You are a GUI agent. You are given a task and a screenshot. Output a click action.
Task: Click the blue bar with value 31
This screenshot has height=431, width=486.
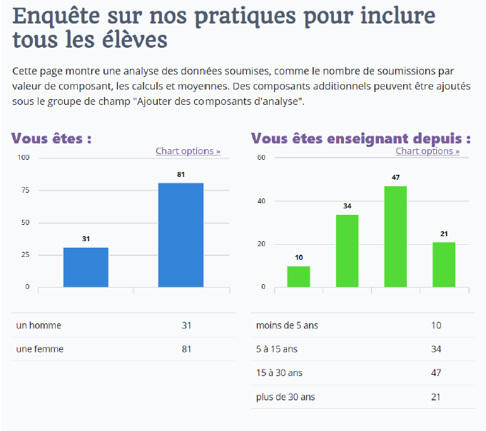pos(86,267)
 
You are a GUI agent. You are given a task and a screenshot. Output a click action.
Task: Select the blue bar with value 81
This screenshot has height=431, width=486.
pos(181,235)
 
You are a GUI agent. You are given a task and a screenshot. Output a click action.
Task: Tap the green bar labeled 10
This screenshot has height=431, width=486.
pos(298,276)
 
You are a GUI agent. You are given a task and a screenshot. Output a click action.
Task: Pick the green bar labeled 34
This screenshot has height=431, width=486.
pos(347,250)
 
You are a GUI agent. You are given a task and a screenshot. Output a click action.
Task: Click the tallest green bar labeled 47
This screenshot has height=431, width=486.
pos(395,236)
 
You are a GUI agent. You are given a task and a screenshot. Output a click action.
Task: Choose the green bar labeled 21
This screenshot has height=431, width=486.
pos(444,264)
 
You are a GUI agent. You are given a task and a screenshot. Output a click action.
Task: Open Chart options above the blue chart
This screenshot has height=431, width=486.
pos(188,151)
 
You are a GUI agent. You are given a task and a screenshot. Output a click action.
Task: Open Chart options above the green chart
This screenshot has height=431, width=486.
pos(427,151)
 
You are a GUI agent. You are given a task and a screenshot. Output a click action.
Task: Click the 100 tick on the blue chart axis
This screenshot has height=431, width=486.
pos(23,158)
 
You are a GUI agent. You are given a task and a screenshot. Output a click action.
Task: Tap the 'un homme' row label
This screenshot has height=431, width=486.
pos(39,325)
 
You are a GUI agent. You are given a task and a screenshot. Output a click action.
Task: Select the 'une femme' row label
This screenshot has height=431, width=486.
pos(39,349)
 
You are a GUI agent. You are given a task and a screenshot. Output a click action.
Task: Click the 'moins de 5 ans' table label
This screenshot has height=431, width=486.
pos(287,325)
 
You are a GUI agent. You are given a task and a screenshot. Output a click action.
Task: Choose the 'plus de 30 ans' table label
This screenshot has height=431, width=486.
pos(285,396)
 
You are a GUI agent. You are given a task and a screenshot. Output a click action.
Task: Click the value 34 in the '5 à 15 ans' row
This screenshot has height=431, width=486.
pos(436,349)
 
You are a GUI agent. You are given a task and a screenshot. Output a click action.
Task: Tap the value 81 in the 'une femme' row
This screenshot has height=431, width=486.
pos(186,349)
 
